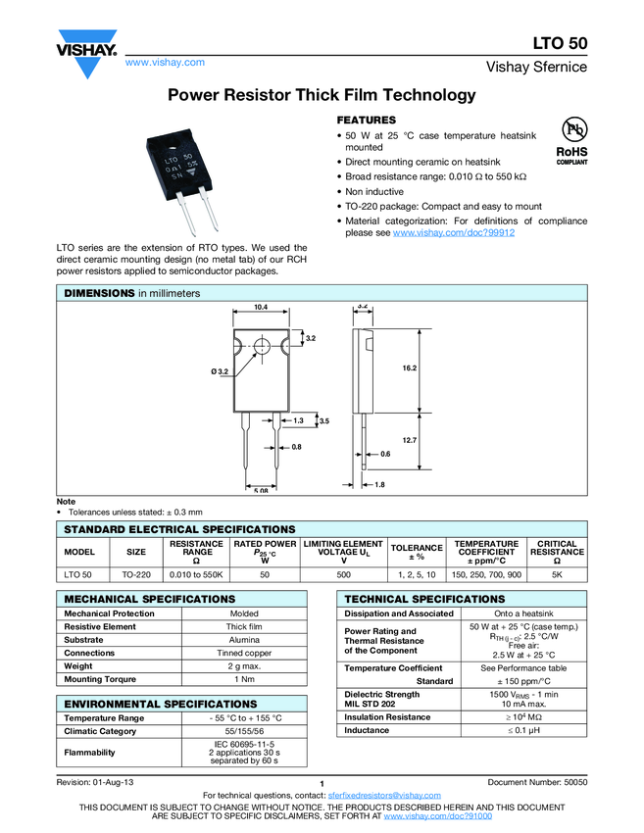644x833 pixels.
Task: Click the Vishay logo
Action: tap(87, 56)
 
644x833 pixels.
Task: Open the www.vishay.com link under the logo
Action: tap(165, 62)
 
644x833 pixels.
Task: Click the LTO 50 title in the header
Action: tap(560, 44)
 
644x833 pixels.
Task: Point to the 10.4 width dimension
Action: tap(261, 308)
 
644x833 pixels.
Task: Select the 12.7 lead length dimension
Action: tap(409, 440)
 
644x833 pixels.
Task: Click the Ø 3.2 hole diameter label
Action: tap(220, 371)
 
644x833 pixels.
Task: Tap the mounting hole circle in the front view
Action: tap(262, 346)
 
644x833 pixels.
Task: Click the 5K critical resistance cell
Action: tap(557, 574)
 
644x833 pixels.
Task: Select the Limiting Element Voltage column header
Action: tap(343, 552)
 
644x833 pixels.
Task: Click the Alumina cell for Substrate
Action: tap(244, 639)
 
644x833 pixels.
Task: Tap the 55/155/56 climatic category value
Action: tap(244, 731)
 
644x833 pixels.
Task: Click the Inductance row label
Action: tap(367, 730)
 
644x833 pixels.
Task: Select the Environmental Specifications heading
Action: tap(148, 704)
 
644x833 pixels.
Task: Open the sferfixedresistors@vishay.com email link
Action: tap(384, 795)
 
